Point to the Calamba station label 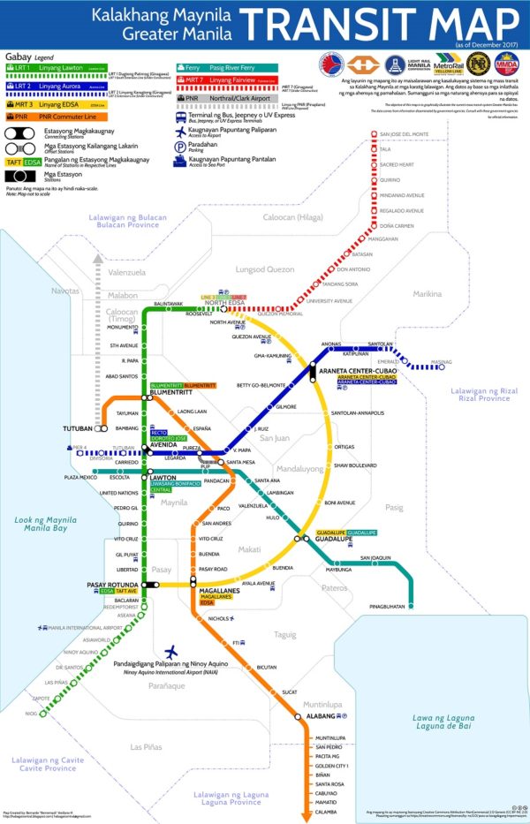326,812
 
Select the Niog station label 31,713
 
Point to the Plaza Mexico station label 80,477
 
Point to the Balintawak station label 168,303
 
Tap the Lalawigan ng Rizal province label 481,394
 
